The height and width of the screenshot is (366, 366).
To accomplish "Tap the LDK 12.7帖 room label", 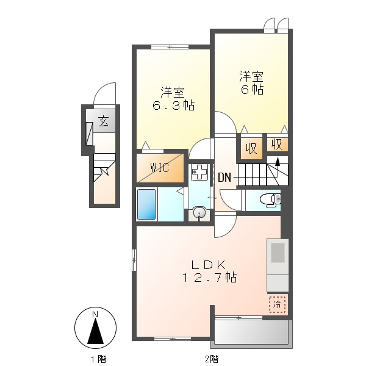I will coord(209,271).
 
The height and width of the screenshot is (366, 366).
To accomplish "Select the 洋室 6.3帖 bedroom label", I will coord(173,99).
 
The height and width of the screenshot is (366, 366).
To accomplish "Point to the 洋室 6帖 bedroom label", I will coord(251,83).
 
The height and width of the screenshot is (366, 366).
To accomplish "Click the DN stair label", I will coord(224,178).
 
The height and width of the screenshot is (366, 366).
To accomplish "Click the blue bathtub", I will coord(146,204).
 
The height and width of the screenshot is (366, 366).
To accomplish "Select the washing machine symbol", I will coord(199,173).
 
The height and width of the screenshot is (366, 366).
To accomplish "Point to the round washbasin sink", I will coord(199,213).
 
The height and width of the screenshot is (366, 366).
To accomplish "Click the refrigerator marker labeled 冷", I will coord(277,303).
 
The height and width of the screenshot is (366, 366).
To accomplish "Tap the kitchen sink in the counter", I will coord(278,252).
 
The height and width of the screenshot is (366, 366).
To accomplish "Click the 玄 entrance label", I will coord(104,121).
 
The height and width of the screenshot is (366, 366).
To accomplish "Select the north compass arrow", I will coord(95,332).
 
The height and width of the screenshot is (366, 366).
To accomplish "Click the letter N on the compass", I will coord(95,314).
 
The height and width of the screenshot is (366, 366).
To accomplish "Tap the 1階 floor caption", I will coord(97,359).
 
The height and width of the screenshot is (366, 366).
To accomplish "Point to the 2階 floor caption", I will coord(211,359).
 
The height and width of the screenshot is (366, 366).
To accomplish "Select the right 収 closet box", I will coord(276,145).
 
